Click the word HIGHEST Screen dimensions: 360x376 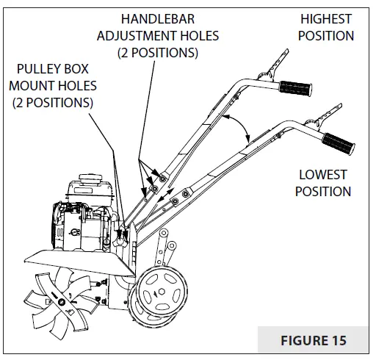[x=326, y=19]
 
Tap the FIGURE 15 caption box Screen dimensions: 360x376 [x=314, y=341]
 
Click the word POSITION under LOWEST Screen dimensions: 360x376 [x=322, y=191]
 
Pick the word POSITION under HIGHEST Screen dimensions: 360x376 [x=326, y=35]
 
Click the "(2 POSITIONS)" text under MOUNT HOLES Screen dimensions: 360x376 [x=53, y=102]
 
